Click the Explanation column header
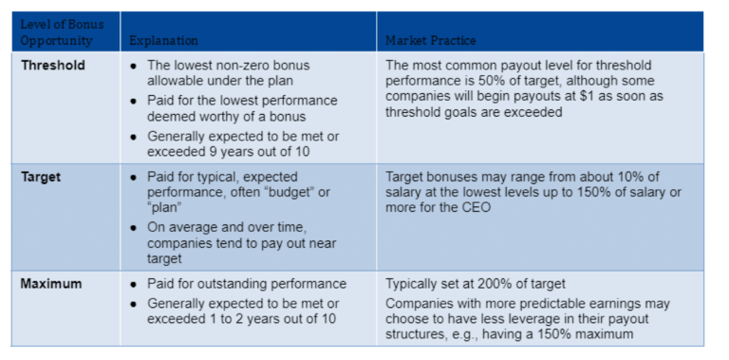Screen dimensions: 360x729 163,42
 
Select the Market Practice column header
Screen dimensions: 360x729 430,42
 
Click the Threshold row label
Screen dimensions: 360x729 53,66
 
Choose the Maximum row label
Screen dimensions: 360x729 51,284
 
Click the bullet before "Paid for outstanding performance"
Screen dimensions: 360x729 134,284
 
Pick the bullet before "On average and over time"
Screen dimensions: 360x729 134,228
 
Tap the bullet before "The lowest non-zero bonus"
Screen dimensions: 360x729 134,66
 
